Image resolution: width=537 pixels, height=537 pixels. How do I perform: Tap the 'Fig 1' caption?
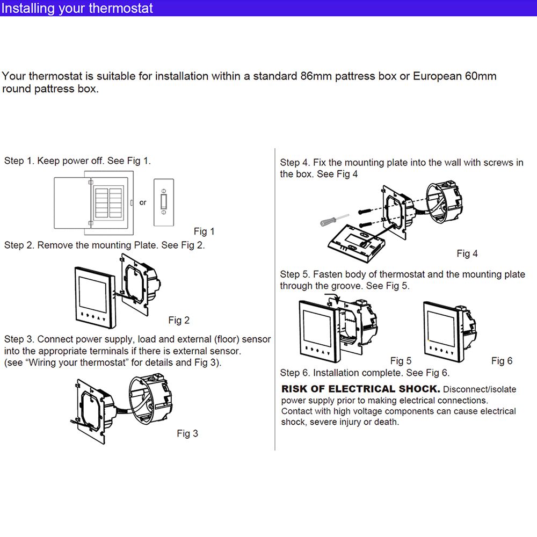click(x=204, y=231)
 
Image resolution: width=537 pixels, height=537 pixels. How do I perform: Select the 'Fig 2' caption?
click(x=179, y=320)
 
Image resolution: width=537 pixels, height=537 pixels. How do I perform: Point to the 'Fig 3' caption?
click(x=187, y=433)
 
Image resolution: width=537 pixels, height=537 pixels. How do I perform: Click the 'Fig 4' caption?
click(x=467, y=253)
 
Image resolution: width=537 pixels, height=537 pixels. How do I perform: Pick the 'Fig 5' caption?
click(x=401, y=361)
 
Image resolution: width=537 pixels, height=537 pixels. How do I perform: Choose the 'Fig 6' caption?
click(x=502, y=361)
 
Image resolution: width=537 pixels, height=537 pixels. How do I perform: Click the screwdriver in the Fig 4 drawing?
click(x=333, y=220)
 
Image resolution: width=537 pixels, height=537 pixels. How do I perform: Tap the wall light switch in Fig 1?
click(x=165, y=202)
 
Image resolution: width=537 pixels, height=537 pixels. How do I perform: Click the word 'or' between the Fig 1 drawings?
click(x=143, y=202)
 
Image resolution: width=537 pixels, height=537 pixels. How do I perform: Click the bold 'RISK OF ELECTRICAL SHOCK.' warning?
click(x=361, y=389)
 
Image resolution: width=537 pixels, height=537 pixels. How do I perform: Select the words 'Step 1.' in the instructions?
click(x=19, y=161)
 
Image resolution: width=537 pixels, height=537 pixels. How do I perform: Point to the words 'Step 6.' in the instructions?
click(x=295, y=373)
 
